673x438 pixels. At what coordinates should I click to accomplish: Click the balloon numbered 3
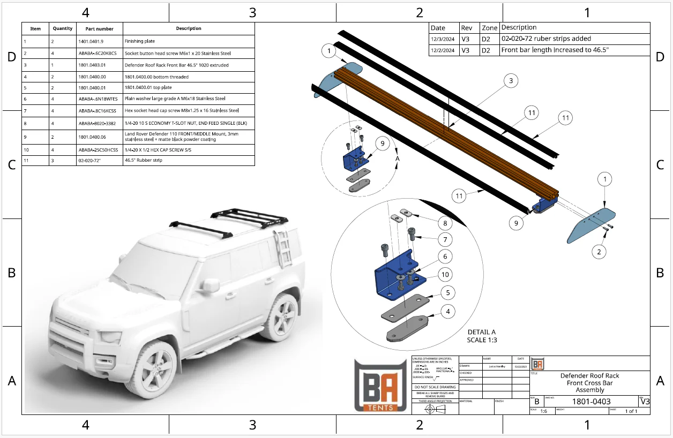click(x=511, y=81)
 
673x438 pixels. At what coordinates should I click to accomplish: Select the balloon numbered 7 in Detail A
click(x=445, y=239)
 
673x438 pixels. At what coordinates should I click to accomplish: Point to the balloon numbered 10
click(x=445, y=275)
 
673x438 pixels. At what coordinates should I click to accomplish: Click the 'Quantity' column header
click(x=63, y=28)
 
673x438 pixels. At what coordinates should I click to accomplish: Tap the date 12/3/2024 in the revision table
click(x=444, y=39)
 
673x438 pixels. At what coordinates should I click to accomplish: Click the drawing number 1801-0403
click(x=591, y=402)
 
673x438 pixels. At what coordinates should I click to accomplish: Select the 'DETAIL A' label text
click(x=481, y=332)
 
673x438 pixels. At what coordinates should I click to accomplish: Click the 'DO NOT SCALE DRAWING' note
click(x=435, y=387)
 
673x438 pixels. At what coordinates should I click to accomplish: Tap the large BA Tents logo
click(x=381, y=386)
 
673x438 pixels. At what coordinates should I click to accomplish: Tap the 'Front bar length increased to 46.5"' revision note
click(x=555, y=50)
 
